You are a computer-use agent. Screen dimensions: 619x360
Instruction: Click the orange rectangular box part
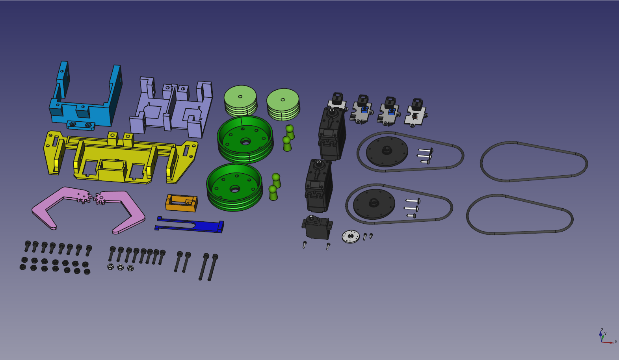coord(181,203)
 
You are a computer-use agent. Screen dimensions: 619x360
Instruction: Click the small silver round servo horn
coord(351,236)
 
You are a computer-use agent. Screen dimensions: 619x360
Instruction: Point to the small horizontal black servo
coord(317,228)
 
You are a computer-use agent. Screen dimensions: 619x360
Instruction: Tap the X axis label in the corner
coord(616,342)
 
